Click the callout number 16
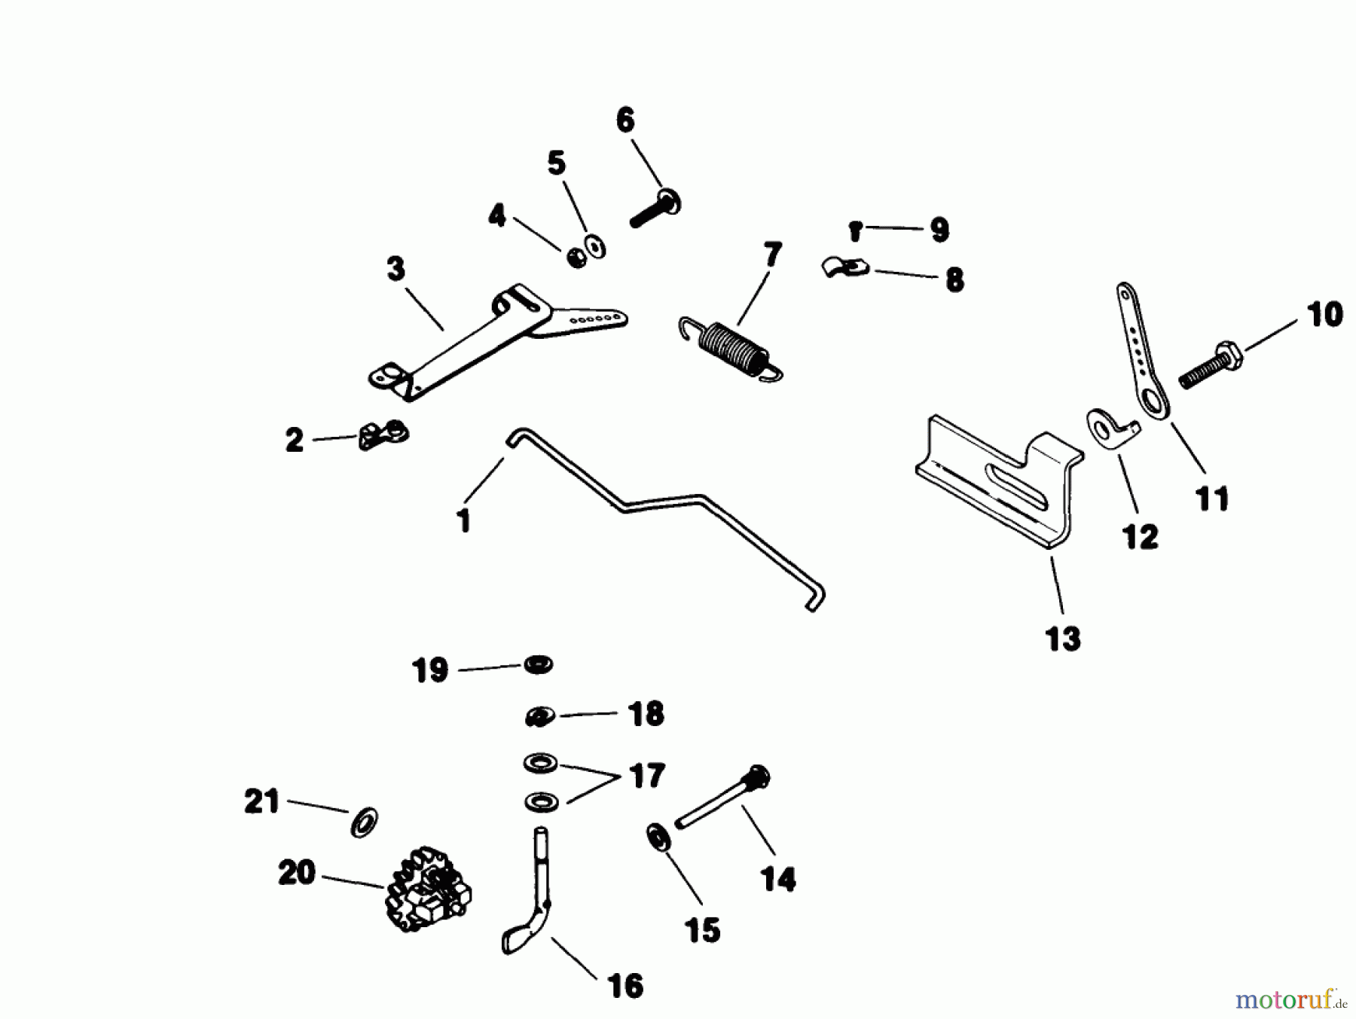pos(625,986)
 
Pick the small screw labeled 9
pos(855,230)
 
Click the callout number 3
pos(395,269)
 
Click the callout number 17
pos(646,776)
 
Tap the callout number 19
pos(430,670)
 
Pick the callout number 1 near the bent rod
pos(464,520)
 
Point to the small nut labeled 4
pos(577,258)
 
